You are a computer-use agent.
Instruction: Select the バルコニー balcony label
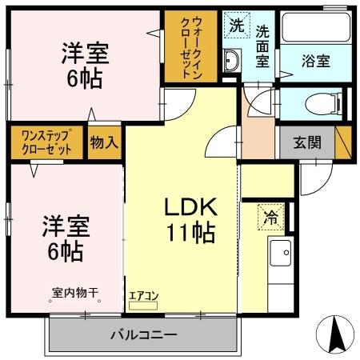(x=143, y=334)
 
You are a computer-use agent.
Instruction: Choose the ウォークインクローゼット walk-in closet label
(x=190, y=46)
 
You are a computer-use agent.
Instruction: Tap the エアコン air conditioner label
(x=144, y=294)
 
